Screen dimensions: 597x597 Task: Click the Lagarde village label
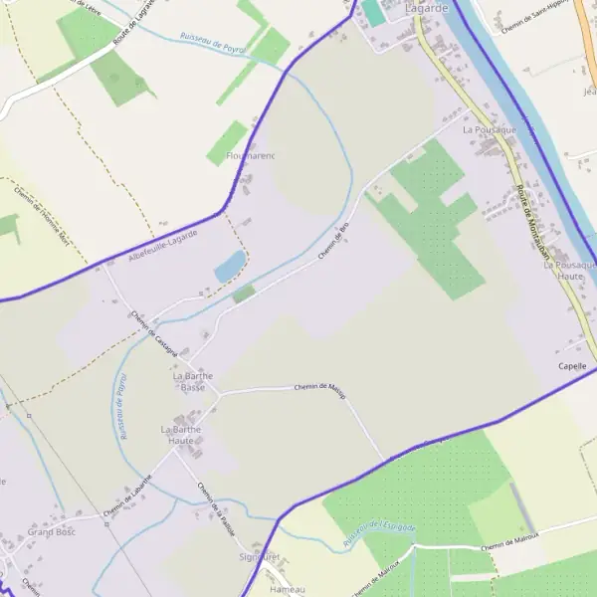[427, 8]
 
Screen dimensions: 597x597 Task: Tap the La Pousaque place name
[490, 130]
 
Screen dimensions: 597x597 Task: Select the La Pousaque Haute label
[570, 271]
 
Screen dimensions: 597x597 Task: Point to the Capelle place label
[573, 367]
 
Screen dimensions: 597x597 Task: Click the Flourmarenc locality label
[250, 156]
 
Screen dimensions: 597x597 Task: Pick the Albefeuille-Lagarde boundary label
[163, 246]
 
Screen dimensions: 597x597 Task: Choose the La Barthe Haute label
[181, 435]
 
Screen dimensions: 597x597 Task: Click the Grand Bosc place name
[52, 532]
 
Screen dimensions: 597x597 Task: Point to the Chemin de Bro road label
[334, 242]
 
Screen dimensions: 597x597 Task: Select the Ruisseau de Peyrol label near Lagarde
[212, 41]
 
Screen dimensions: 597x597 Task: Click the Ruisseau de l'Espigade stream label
[379, 533]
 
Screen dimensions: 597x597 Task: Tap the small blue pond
[230, 266]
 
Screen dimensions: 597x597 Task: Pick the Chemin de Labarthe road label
[127, 496]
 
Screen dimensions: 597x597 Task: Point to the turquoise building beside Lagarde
[372, 12]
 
